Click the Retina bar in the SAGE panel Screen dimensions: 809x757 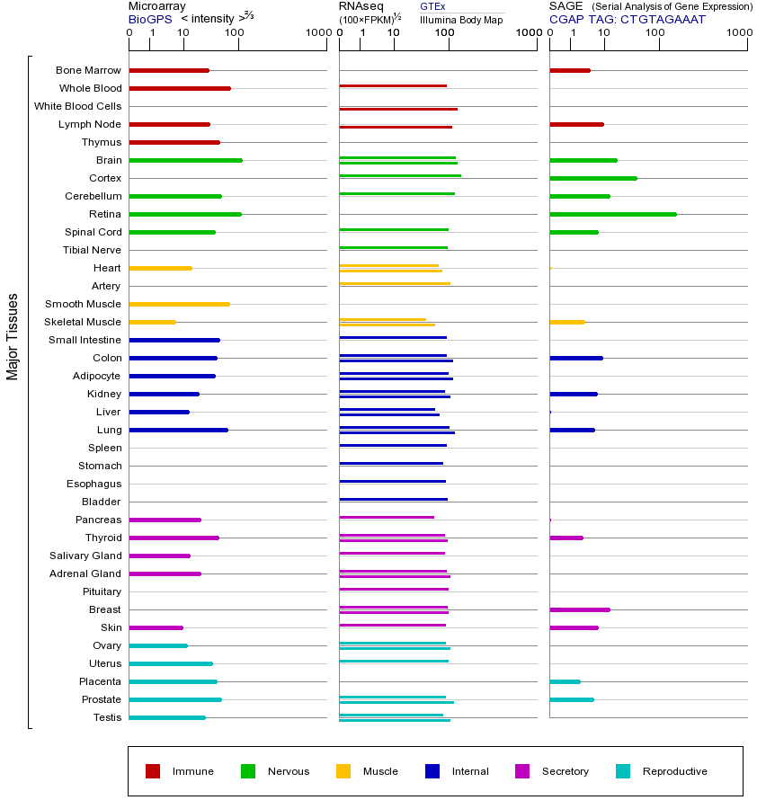click(612, 214)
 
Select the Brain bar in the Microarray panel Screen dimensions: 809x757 click(185, 160)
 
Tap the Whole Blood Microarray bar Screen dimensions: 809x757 click(180, 88)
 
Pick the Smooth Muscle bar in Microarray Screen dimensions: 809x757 click(179, 304)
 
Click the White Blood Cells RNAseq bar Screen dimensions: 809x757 click(397, 109)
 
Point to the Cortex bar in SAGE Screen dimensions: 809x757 click(592, 178)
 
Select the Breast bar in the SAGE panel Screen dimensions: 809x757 click(579, 609)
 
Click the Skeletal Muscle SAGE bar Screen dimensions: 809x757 click(566, 322)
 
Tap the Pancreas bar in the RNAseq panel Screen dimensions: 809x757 click(387, 517)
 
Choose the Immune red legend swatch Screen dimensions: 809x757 click(153, 771)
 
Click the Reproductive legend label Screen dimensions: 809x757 click(674, 771)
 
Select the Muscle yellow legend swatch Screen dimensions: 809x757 click(343, 771)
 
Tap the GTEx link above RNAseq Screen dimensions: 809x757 click(432, 6)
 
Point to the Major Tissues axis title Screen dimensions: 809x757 click(13, 336)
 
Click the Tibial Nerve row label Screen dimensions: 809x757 click(92, 250)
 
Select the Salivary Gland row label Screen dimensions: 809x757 click(85, 556)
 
